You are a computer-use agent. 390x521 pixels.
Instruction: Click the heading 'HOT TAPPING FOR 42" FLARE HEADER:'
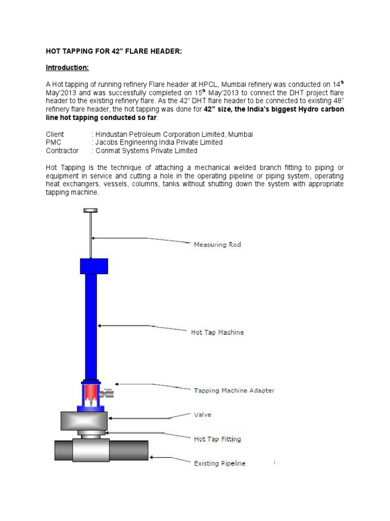tap(114, 51)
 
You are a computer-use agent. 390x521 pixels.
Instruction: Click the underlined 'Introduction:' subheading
tap(68, 67)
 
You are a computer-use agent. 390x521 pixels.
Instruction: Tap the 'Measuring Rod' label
tap(217, 245)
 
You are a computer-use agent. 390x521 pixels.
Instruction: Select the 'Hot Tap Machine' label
tap(217, 332)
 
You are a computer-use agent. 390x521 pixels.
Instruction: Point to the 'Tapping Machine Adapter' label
tap(234, 391)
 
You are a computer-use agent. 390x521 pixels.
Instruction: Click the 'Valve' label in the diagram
tap(203, 415)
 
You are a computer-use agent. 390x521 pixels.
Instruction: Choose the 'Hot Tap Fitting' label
tap(217, 439)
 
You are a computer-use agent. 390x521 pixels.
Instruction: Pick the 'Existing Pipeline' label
tap(220, 463)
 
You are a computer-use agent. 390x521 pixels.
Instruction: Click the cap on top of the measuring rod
tap(90, 211)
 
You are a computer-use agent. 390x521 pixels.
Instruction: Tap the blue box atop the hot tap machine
tap(93, 266)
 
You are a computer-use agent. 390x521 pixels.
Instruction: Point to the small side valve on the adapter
tap(107, 393)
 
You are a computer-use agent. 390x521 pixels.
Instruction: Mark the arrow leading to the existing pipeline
tap(170, 460)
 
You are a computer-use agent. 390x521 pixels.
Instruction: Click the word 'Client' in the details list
tap(55, 134)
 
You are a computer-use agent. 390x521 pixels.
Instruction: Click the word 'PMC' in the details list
tap(54, 142)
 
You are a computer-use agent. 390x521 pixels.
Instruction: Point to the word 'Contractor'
tap(62, 151)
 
